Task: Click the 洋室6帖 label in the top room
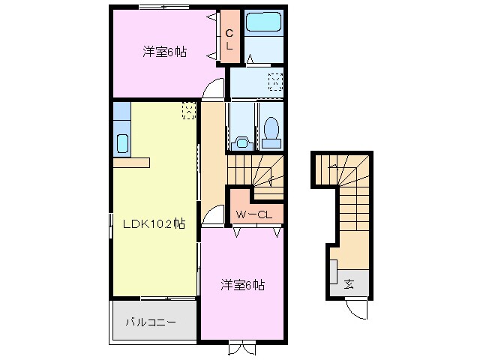click(x=165, y=52)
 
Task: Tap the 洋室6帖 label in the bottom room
click(x=242, y=285)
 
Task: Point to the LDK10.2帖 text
click(x=154, y=223)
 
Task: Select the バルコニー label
click(x=151, y=322)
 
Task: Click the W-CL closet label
click(x=254, y=215)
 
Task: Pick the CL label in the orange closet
click(x=230, y=37)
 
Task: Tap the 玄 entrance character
click(x=349, y=283)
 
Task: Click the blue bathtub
click(x=263, y=22)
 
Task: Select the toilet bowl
click(x=271, y=132)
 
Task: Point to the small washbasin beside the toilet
click(x=241, y=142)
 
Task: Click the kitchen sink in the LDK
click(x=121, y=142)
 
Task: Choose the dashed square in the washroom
click(x=275, y=81)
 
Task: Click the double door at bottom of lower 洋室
click(x=241, y=347)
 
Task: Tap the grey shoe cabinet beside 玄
click(x=332, y=271)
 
